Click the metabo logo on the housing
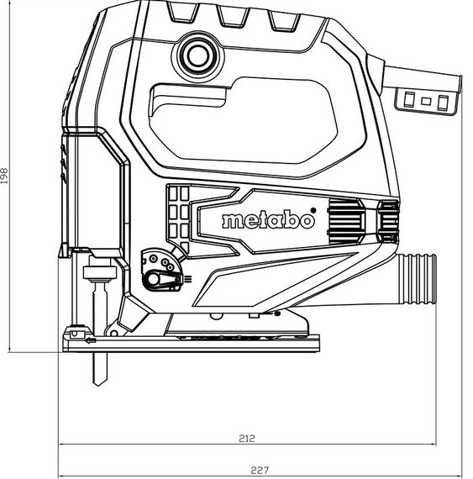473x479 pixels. tap(268, 221)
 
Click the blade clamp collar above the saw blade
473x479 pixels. tap(100, 273)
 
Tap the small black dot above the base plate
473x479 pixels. tap(276, 315)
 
